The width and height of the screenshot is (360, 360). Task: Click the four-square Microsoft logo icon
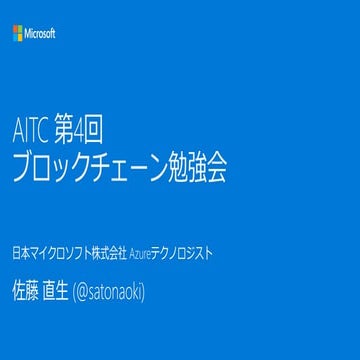[x=17, y=33]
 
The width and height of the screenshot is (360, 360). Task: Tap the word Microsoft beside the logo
[x=40, y=33]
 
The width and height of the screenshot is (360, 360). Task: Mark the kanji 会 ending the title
[x=221, y=170]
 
